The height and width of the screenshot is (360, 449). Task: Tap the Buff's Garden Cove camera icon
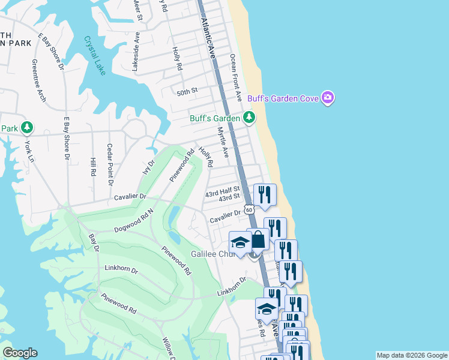327,97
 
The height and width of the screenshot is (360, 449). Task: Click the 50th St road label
187,91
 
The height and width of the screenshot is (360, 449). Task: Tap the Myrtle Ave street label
223,142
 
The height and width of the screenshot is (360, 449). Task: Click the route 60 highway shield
249,209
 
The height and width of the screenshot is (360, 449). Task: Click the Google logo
20,353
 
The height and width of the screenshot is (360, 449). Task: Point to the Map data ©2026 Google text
411,355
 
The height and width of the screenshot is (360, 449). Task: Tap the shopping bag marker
258,239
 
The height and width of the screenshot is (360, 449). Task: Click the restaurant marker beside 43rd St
265,194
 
